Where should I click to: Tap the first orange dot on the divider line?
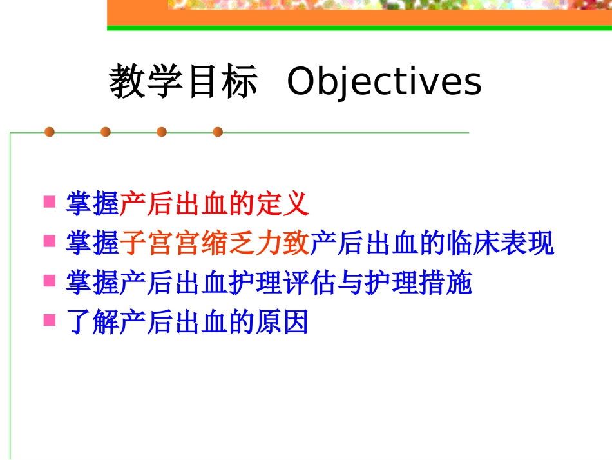click(50, 132)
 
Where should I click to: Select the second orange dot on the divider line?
click(106, 132)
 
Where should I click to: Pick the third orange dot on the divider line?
click(162, 132)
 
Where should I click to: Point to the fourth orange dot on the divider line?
click(218, 132)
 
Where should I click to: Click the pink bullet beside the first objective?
click(49, 203)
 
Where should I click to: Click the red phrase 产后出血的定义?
click(215, 205)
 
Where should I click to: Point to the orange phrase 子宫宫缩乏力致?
click(215, 244)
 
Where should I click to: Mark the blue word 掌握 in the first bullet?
click(93, 205)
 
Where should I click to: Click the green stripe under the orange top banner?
click(359, 28)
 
